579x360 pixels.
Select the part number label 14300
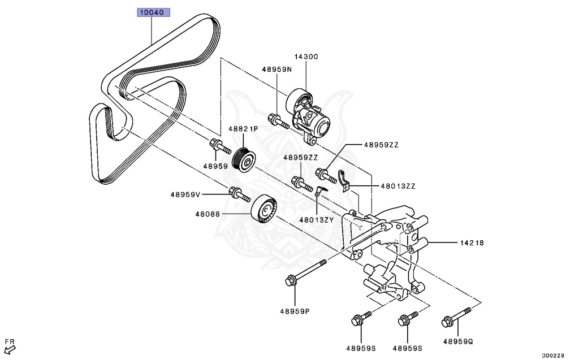click(306, 57)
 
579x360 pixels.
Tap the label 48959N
click(276, 70)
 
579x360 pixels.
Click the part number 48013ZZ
click(383, 185)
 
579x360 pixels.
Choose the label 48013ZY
click(317, 220)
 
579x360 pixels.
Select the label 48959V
click(185, 194)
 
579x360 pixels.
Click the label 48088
click(208, 214)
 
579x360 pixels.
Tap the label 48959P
click(294, 311)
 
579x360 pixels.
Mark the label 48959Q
click(458, 341)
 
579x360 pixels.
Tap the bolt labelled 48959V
click(239, 195)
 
